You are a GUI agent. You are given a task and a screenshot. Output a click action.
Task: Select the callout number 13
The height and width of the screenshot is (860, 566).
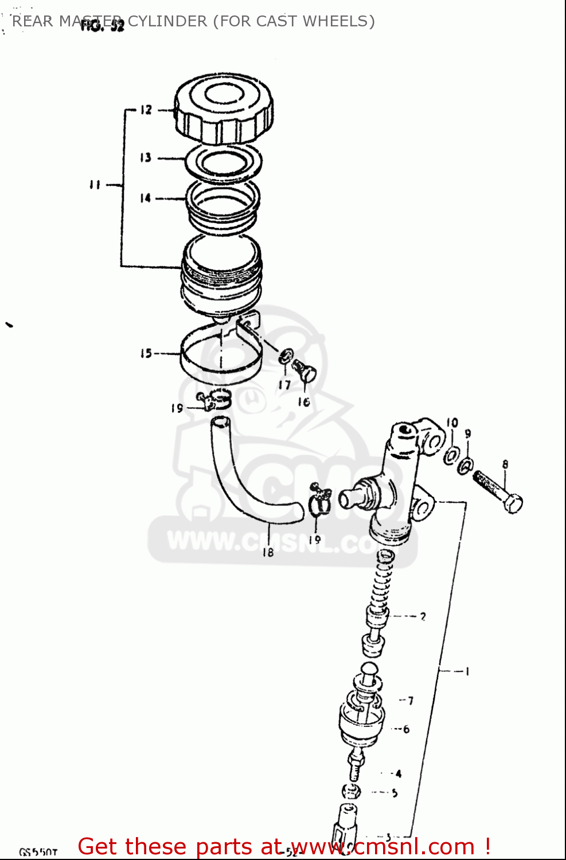tap(146, 157)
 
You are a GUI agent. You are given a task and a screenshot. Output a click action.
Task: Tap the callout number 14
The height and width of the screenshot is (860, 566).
tap(146, 198)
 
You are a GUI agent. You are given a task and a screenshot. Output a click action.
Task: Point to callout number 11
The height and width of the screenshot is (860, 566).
tap(95, 185)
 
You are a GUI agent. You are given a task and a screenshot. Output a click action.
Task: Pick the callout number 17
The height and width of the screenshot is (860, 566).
tap(284, 385)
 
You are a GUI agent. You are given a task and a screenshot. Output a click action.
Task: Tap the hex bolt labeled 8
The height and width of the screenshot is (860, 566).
tap(498, 490)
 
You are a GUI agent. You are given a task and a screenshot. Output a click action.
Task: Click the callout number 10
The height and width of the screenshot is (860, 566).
tap(452, 423)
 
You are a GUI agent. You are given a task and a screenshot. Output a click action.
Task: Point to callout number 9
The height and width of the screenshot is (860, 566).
tap(468, 434)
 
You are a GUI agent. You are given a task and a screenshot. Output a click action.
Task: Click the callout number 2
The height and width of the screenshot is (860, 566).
tap(423, 616)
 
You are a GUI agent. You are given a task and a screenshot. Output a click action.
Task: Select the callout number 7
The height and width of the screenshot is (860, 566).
tap(410, 700)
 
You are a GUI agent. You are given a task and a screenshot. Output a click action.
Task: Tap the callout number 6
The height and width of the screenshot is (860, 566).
tap(406, 729)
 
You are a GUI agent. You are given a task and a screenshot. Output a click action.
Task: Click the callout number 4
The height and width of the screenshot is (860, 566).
tap(399, 773)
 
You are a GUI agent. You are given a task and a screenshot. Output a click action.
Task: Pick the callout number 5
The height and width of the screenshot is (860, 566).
tap(395, 793)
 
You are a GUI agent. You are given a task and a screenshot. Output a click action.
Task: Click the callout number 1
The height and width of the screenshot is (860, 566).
tap(467, 670)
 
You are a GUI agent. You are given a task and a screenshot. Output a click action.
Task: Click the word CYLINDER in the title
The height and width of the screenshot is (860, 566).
tap(167, 21)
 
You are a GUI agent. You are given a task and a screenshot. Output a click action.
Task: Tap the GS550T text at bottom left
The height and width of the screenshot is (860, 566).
tap(38, 852)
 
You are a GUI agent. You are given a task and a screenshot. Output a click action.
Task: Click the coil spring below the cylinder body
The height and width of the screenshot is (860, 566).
tap(380, 585)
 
